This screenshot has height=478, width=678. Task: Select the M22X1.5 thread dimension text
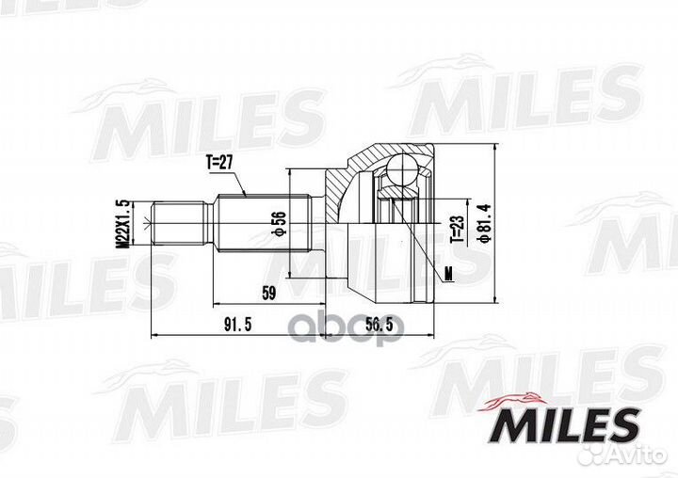click(121, 224)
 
